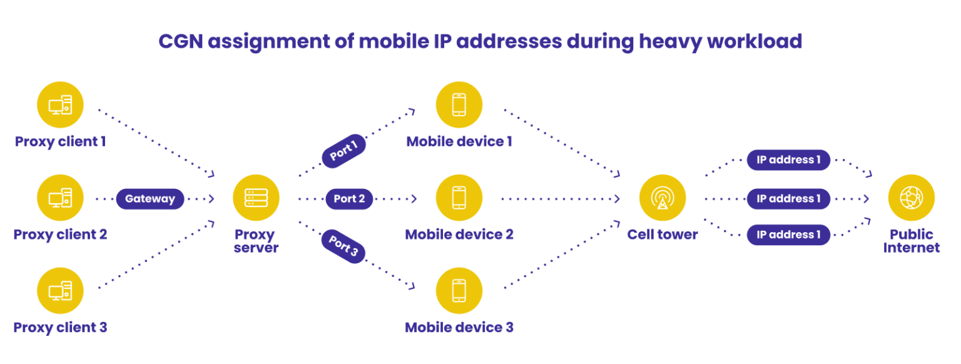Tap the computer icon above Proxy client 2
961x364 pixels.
coord(60,198)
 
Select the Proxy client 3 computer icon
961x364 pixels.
coord(60,291)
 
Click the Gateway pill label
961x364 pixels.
coord(150,199)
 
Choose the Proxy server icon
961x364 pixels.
coord(257,198)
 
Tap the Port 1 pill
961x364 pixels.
coord(343,151)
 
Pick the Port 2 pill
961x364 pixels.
coord(349,199)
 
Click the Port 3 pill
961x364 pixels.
coord(343,246)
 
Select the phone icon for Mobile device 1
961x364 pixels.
coord(459,105)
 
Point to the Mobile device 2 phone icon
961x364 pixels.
coord(459,198)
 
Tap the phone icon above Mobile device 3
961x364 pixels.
coord(459,291)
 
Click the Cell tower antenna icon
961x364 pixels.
coord(662,198)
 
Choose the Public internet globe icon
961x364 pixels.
coord(911,198)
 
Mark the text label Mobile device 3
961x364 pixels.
coord(459,328)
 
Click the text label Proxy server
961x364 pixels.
coord(256,241)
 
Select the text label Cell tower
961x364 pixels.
coord(662,235)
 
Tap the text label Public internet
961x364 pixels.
coord(912,241)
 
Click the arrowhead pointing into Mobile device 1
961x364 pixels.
coord(411,113)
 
